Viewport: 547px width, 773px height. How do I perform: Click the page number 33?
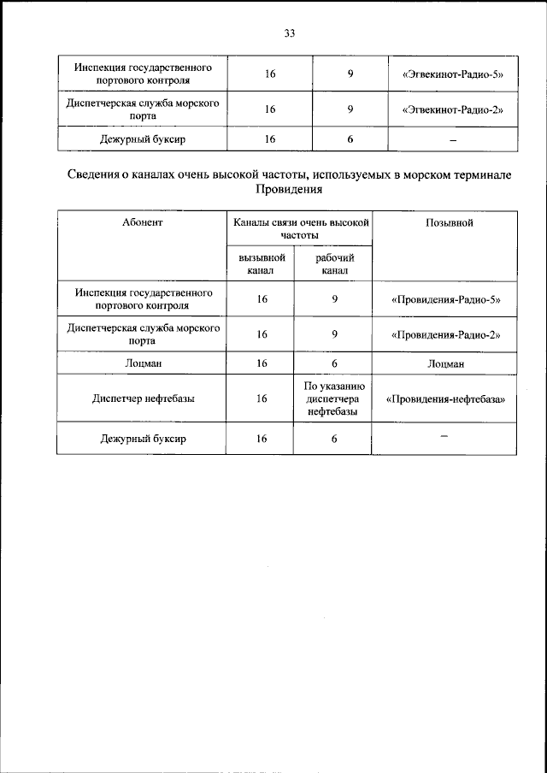coord(289,33)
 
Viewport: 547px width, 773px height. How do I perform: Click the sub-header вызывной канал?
coord(261,263)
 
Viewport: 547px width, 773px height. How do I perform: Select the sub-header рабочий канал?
coord(335,263)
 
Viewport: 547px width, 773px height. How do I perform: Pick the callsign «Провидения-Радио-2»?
coord(445,334)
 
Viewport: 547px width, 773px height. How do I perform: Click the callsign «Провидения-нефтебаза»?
coord(445,398)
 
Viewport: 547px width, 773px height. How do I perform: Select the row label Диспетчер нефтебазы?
coord(143,398)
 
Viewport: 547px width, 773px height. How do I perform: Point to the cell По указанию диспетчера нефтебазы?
coord(335,398)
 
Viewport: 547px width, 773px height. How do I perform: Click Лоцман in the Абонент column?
coord(143,363)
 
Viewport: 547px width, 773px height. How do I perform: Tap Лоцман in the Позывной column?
coord(445,363)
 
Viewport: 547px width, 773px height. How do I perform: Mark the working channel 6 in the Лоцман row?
coord(335,363)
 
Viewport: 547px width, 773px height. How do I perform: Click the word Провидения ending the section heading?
coord(289,191)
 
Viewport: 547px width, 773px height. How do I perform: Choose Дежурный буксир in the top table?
coord(143,139)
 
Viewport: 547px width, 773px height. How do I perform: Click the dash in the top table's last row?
coord(453,139)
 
